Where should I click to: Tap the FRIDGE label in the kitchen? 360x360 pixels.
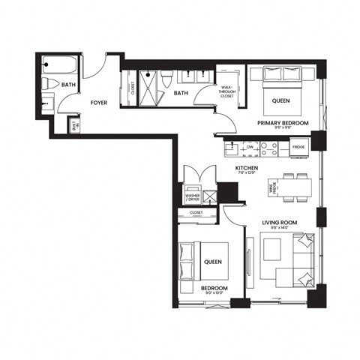coord(298,147)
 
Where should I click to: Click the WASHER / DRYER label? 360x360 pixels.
coord(193,197)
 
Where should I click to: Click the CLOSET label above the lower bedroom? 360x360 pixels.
coord(196,213)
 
